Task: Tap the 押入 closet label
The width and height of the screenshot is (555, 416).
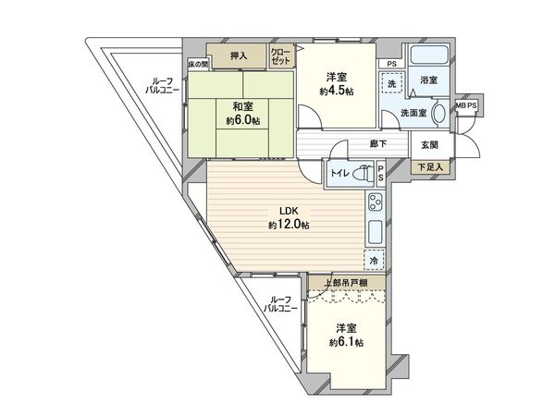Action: pyautogui.click(x=239, y=55)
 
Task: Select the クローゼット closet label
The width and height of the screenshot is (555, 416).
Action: pyautogui.click(x=280, y=55)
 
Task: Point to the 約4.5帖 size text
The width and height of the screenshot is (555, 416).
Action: pyautogui.click(x=336, y=90)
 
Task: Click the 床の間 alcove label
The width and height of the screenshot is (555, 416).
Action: pyautogui.click(x=198, y=64)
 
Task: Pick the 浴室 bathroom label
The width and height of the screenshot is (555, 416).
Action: pyautogui.click(x=428, y=80)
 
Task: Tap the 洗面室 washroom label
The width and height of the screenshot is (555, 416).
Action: pyautogui.click(x=413, y=113)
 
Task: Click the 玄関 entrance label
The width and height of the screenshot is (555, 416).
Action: pyautogui.click(x=429, y=145)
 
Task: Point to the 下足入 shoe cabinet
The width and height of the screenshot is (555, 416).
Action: pyautogui.click(x=428, y=167)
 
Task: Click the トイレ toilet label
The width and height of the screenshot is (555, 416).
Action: pyautogui.click(x=340, y=172)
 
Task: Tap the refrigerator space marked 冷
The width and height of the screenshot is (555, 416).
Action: pyautogui.click(x=375, y=261)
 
